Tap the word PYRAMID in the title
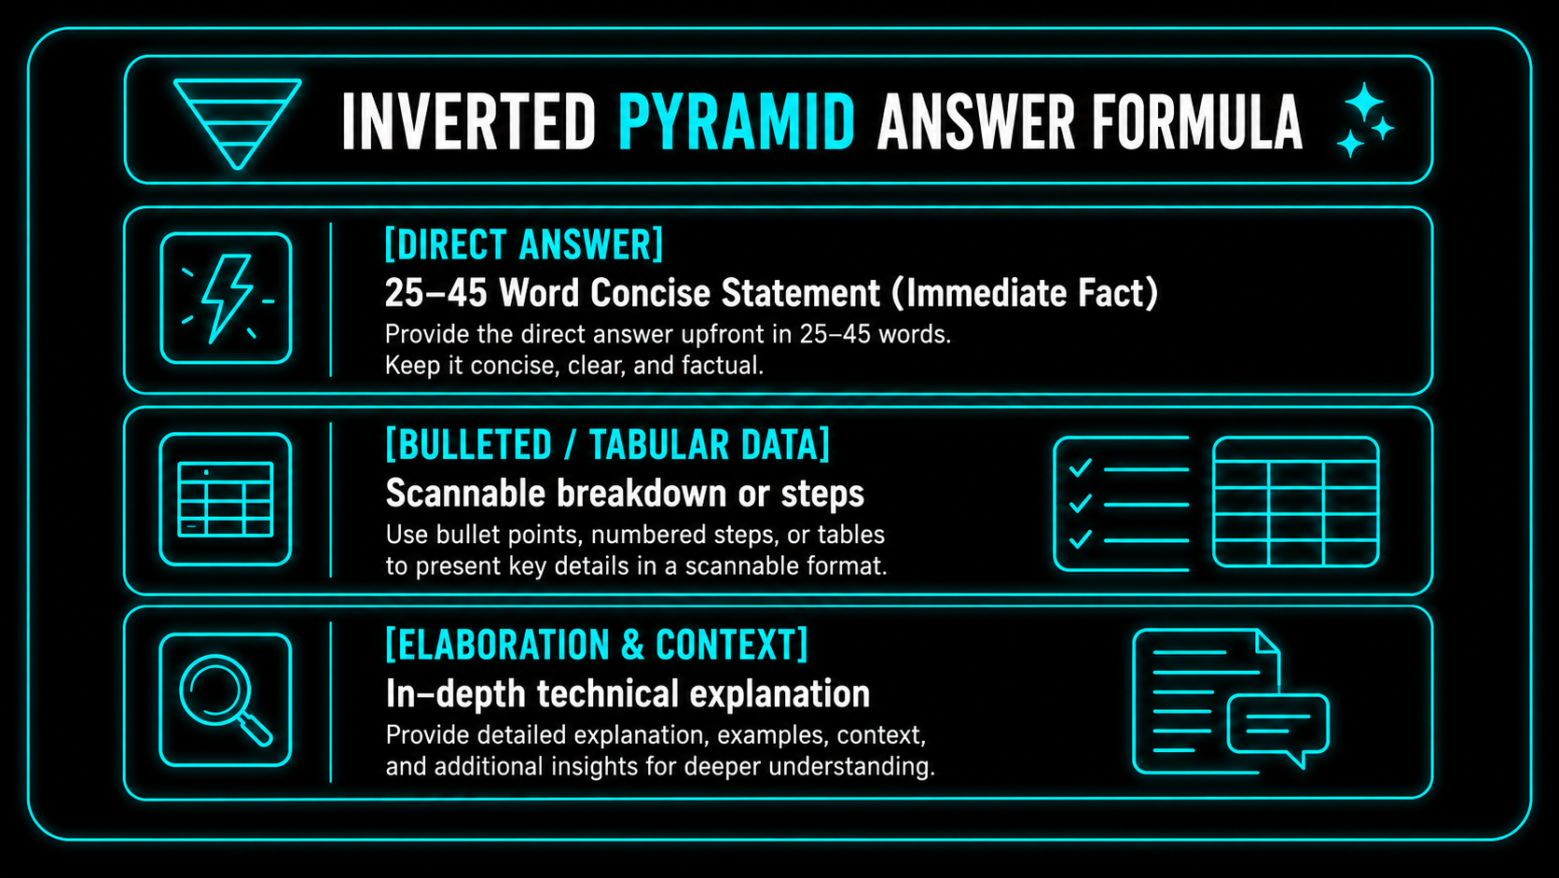point(737,122)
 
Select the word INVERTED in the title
point(468,122)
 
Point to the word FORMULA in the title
point(1196,122)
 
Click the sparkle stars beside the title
point(1365,120)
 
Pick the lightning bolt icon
point(227,299)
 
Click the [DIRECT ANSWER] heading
point(524,244)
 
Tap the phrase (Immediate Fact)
point(1025,292)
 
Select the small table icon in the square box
point(226,499)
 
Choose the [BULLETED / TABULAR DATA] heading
point(608,445)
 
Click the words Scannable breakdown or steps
point(625,494)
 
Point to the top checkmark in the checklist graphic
point(1080,467)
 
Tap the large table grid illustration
point(1295,501)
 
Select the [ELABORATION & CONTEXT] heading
point(597,645)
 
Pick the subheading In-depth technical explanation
point(628,694)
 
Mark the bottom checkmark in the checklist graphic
point(1080,539)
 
